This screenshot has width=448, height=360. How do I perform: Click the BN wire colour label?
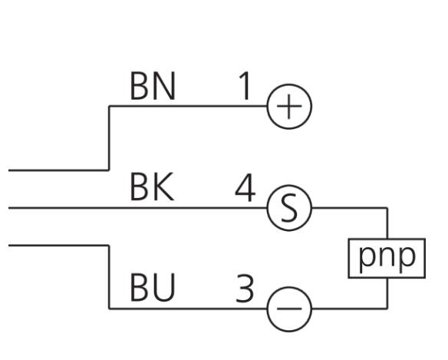pos(153,86)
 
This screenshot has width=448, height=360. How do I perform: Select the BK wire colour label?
pos(152,187)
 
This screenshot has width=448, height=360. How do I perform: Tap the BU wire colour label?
pos(153,287)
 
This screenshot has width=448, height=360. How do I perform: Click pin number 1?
pos(245,86)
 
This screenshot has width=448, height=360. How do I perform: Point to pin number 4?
pos(245,187)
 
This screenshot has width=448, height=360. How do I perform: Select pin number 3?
pos(245,288)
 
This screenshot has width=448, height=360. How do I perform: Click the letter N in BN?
pos(165,86)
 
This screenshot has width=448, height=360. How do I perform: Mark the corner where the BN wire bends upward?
pos(109,170)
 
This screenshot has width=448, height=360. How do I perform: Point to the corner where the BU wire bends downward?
pos(109,246)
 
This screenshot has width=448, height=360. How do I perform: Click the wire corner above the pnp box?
pos(387,208)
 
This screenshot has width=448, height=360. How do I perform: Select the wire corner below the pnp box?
pos(387,309)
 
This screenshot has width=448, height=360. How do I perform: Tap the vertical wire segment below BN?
pos(109,138)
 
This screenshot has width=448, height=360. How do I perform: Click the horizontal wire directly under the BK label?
pos(138,208)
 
